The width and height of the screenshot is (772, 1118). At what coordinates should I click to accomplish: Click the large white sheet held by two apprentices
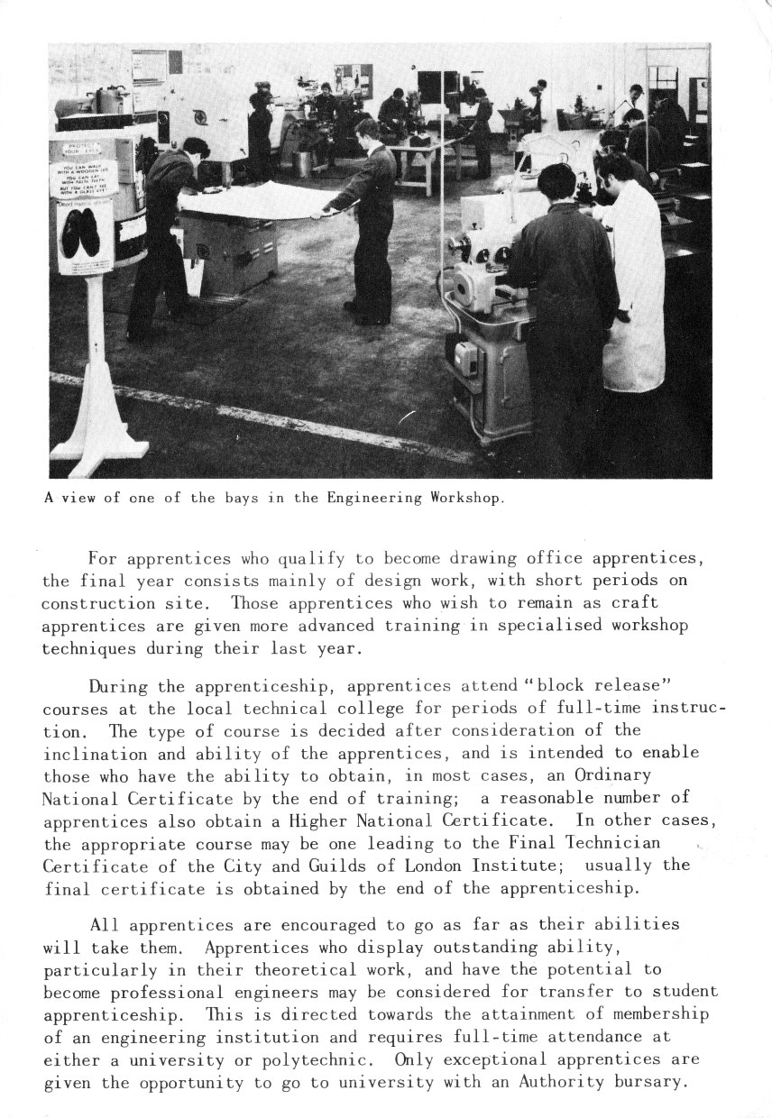point(253,200)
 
